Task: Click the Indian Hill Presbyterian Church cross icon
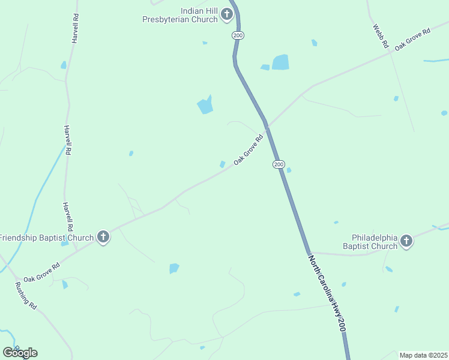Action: pos(227,14)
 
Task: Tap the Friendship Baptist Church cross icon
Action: pos(103,238)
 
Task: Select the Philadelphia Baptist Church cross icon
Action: pos(406,241)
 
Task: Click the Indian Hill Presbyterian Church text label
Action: pos(179,15)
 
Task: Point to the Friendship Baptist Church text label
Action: pos(47,238)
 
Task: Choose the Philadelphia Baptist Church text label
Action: pos(370,241)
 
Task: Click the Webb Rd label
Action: pos(381,36)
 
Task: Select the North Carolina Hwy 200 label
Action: pos(328,293)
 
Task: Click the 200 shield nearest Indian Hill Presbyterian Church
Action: pos(238,36)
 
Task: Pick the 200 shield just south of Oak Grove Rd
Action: pos(279,164)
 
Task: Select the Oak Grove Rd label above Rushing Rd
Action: pos(41,272)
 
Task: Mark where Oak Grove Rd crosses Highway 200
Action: pos(267,127)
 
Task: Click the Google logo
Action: pos(20,352)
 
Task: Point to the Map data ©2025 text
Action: pos(423,355)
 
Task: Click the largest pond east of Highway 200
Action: pos(280,62)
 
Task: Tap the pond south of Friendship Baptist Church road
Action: pos(174,268)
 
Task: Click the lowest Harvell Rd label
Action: pos(68,217)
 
